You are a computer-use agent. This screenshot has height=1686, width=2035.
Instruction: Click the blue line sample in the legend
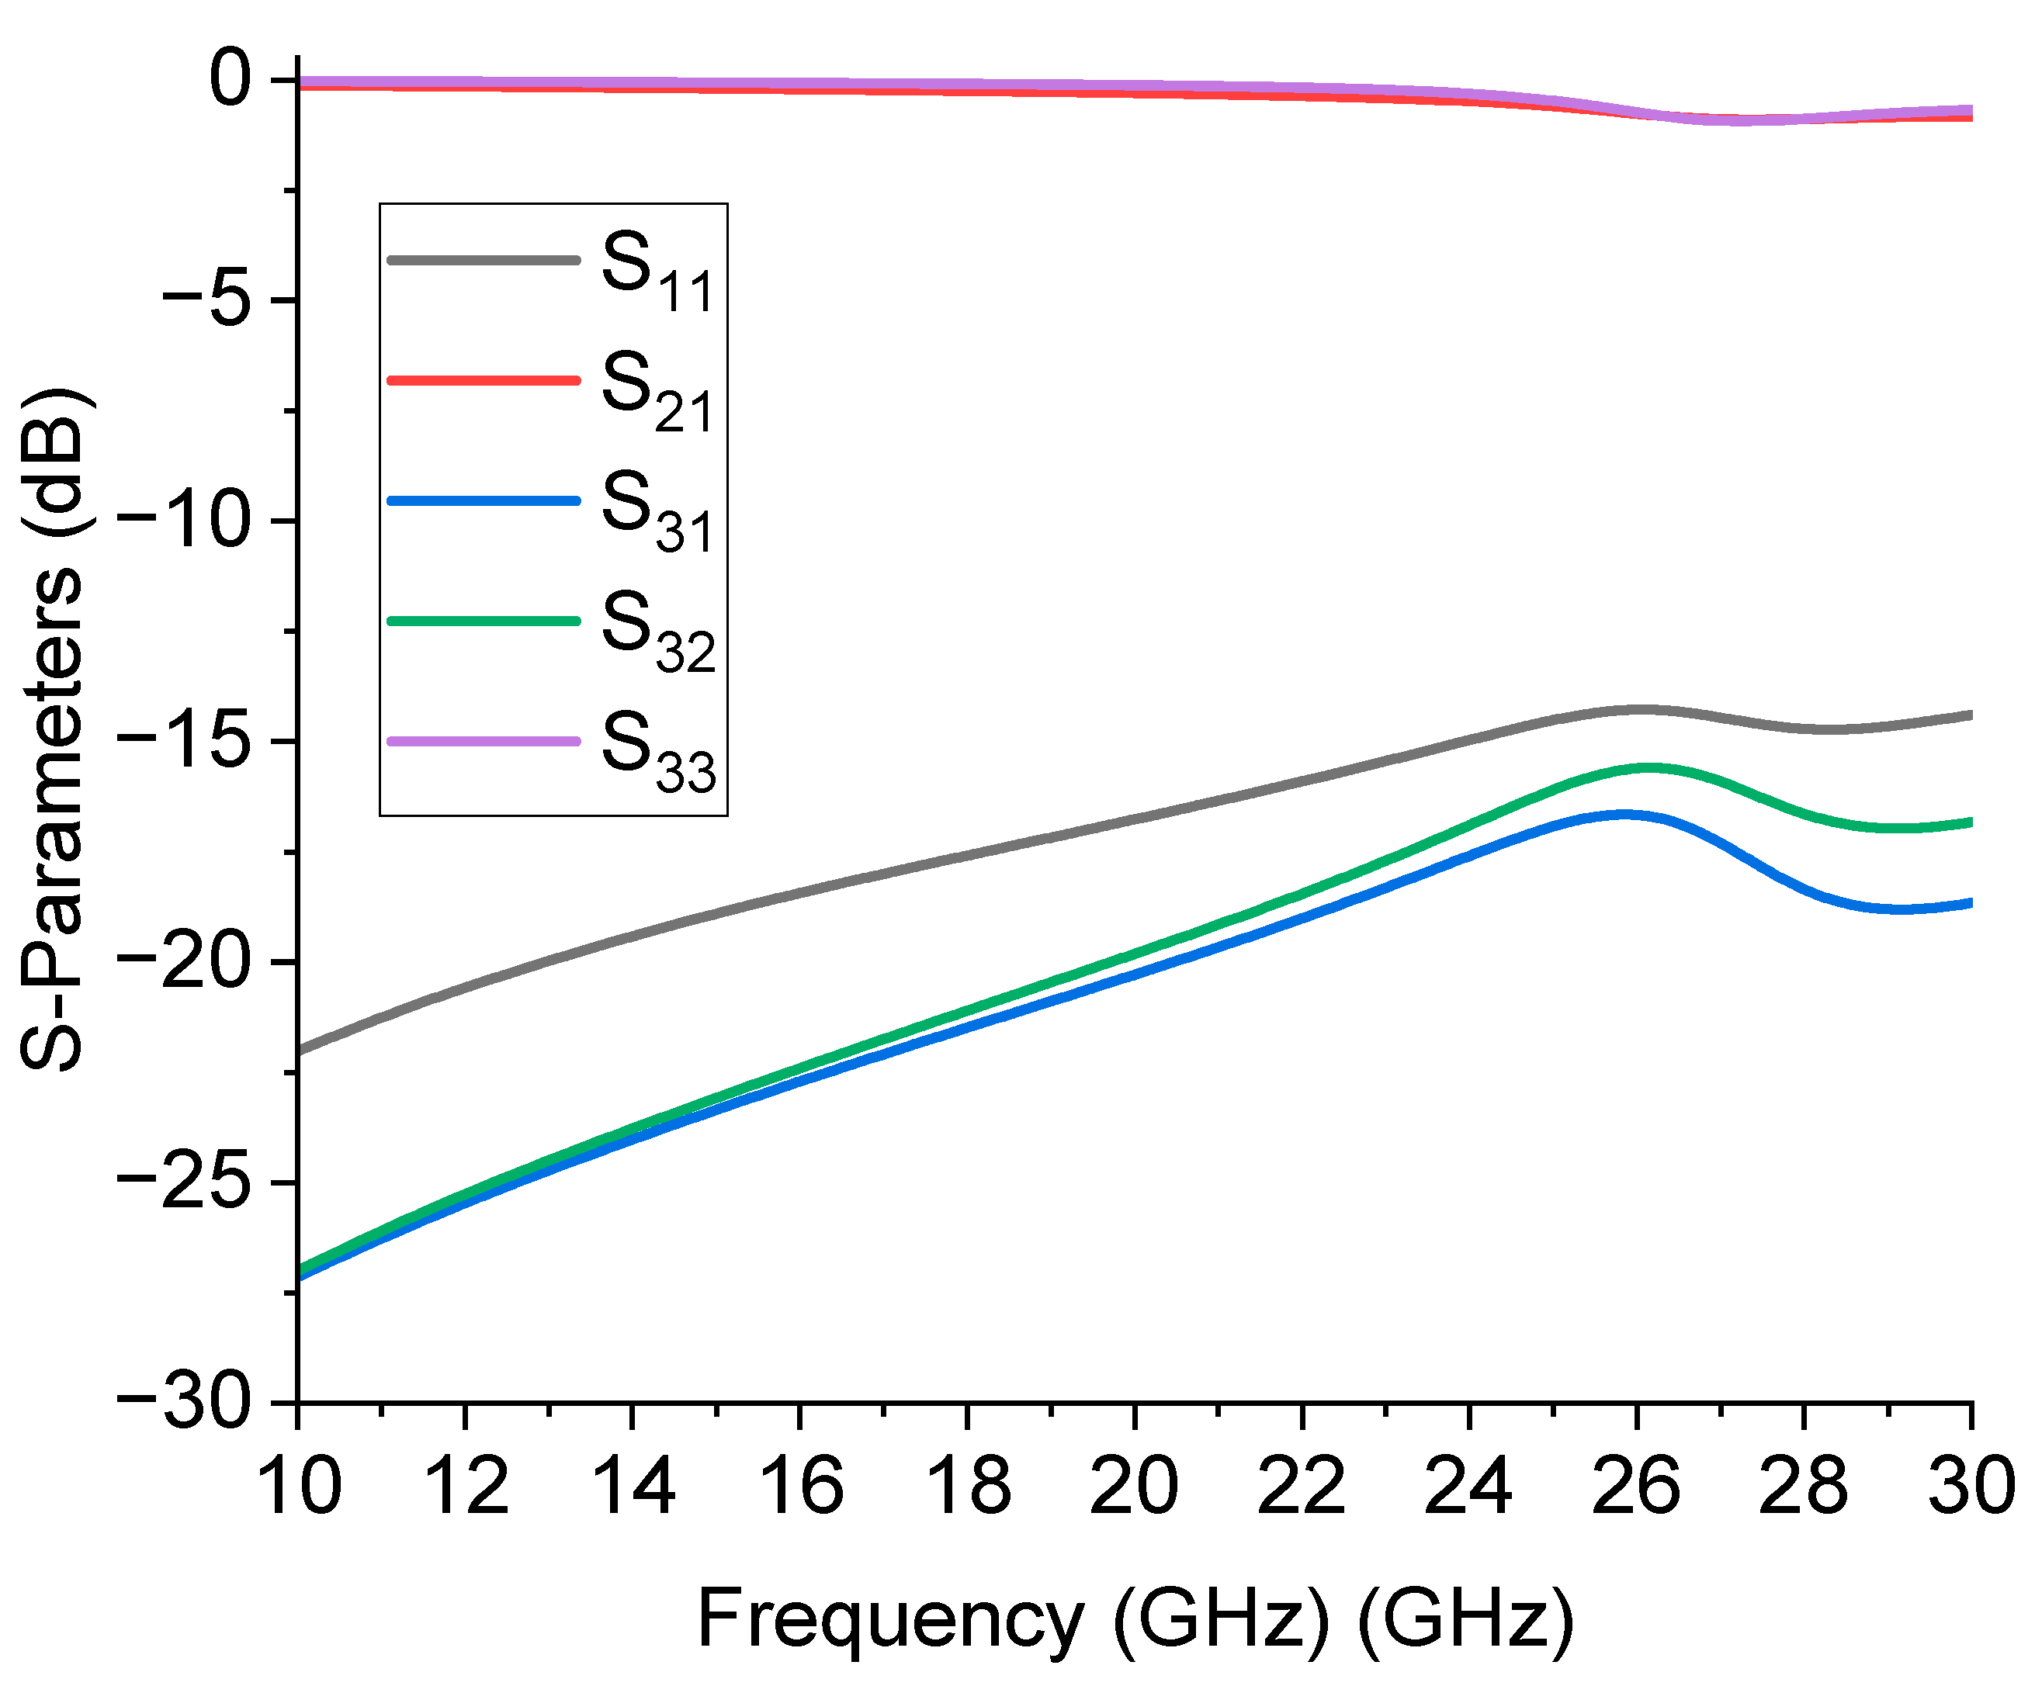point(483,501)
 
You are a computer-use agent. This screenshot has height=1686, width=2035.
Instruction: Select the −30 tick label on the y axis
point(184,1403)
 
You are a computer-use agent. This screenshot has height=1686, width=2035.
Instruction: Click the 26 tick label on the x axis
point(1636,1487)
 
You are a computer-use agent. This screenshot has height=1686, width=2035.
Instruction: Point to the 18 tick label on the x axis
point(967,1487)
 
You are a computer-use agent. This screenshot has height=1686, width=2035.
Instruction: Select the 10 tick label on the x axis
point(299,1487)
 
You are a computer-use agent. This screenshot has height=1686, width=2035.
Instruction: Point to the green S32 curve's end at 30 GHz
point(1969,822)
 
